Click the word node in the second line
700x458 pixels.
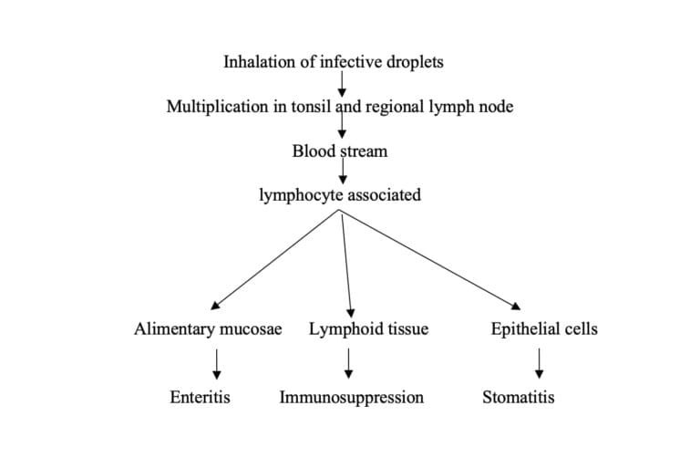point(494,107)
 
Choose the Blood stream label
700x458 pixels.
point(339,151)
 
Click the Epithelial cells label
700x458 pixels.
point(544,329)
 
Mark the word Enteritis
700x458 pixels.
point(200,398)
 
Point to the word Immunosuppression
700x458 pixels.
point(351,398)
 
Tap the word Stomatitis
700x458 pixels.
point(518,398)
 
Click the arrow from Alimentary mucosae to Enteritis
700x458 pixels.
point(216,362)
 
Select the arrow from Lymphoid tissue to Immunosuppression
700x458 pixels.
point(350,362)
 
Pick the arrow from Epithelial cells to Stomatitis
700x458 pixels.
point(540,362)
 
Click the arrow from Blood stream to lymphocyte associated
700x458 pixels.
point(343,172)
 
